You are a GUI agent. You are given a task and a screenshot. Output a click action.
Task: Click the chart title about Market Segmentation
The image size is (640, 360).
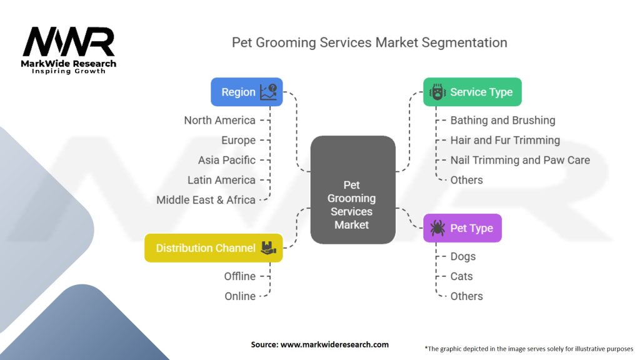[x=369, y=42]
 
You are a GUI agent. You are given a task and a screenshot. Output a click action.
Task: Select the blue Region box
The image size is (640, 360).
[x=246, y=92]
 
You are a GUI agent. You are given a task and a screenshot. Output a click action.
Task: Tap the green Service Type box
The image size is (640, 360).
[x=472, y=92]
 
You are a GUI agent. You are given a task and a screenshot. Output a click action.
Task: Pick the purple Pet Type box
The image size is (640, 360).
[x=462, y=228]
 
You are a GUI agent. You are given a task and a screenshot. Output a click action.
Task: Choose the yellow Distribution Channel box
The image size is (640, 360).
[x=213, y=247]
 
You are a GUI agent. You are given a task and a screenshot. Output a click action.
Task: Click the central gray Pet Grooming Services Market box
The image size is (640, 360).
[x=352, y=189]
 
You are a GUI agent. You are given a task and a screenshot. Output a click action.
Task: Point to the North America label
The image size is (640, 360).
[x=219, y=120]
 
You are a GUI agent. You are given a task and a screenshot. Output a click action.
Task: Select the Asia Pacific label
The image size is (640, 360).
[x=226, y=160]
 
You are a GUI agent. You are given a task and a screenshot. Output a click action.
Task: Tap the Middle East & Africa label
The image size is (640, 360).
[x=206, y=200]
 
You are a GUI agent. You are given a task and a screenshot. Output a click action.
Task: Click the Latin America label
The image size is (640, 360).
[x=221, y=180]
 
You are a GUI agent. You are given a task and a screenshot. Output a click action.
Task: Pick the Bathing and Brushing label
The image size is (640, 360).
[x=502, y=120]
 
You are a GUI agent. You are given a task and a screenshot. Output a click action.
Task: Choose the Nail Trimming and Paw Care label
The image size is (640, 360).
[x=520, y=160]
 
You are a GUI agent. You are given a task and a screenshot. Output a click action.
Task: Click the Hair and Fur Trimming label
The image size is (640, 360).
[x=505, y=140]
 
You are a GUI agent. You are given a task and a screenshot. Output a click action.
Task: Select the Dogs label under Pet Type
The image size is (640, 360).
[x=462, y=256]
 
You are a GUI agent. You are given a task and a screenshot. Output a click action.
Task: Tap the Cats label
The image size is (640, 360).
[x=461, y=276]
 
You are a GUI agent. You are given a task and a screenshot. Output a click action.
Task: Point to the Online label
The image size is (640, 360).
[x=240, y=296]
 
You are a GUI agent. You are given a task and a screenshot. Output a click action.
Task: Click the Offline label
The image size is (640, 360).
[x=240, y=276]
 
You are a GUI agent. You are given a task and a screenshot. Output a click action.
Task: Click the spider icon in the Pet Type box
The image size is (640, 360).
[x=437, y=228]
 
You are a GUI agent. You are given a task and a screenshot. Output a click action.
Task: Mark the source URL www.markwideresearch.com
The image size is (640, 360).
[x=335, y=344]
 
